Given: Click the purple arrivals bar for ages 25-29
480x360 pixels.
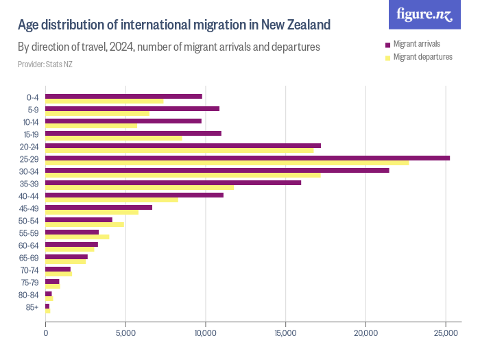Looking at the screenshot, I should (247, 158).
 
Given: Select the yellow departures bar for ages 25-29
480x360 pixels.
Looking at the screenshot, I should (226, 163).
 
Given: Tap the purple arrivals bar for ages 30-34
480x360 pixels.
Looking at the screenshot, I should (217, 170).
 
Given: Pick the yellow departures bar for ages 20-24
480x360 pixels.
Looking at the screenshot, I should (179, 151).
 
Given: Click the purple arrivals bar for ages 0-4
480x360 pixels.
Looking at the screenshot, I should (123, 96).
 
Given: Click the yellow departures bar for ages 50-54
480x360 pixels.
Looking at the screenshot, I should (84, 224).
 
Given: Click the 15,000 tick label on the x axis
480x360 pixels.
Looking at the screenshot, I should (285, 333).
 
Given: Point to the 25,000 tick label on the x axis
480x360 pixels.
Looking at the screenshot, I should (446, 333).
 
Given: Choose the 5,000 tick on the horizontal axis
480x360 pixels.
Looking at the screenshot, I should (125, 333).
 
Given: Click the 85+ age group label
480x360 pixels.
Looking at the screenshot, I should (32, 307).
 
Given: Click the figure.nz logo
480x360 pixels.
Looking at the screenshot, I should (424, 14).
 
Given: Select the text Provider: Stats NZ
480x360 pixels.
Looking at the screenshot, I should (45, 64).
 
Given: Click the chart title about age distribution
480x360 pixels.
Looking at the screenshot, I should (174, 25).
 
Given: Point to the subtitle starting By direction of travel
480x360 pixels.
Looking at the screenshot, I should (169, 48).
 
